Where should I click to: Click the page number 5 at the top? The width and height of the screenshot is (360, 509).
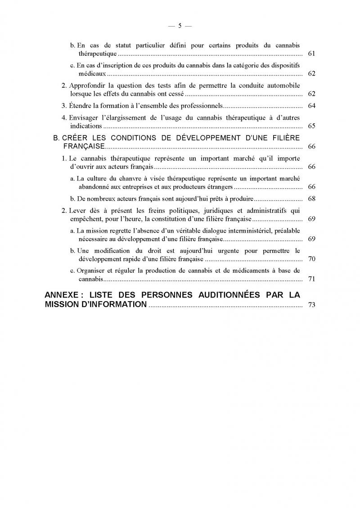click(180, 26)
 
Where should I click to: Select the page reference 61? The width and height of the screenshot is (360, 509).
click(311, 54)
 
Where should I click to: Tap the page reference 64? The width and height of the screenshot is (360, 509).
click(311, 106)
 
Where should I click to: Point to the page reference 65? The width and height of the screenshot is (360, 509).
click(311, 126)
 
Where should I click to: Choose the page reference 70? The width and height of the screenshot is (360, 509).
click(311, 259)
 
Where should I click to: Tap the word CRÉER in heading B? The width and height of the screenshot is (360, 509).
click(75, 137)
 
